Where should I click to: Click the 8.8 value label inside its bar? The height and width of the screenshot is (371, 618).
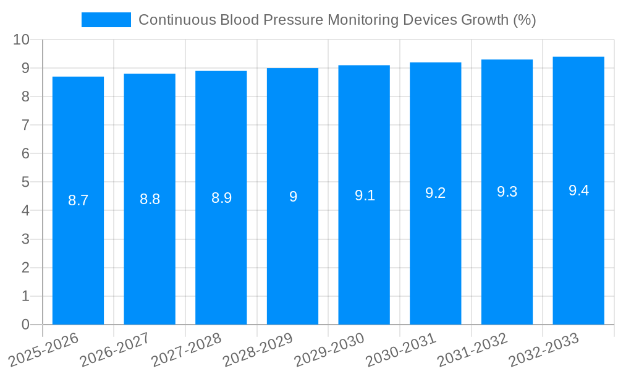(150, 199)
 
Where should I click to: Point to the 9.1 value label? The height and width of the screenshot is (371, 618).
(365, 196)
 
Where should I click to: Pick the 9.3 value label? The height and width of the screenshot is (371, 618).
(507, 192)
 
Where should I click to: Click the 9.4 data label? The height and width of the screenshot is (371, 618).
(578, 190)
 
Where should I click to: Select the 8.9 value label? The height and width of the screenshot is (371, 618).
(221, 198)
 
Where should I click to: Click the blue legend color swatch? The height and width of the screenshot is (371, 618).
(106, 20)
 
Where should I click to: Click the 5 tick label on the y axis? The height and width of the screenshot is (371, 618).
(25, 182)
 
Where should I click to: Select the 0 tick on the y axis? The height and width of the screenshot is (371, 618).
(25, 325)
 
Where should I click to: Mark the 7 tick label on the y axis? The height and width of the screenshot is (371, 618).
(25, 125)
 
